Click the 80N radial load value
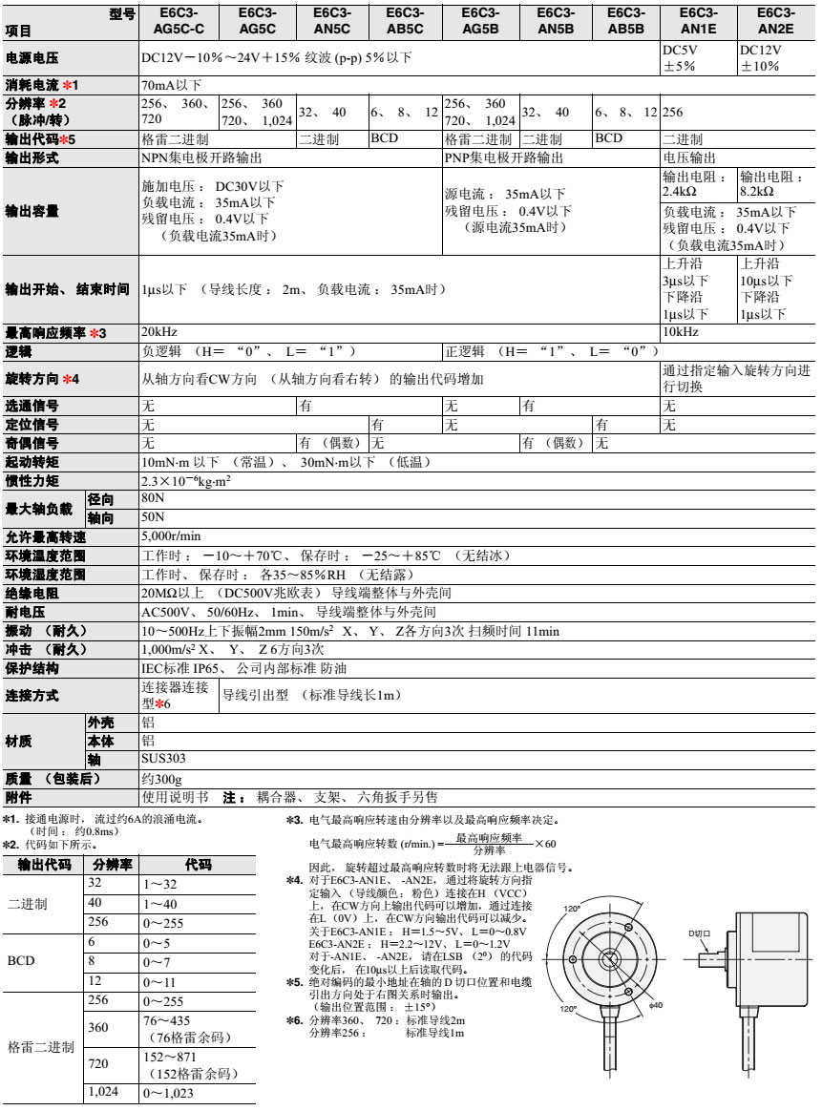(x=153, y=499)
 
